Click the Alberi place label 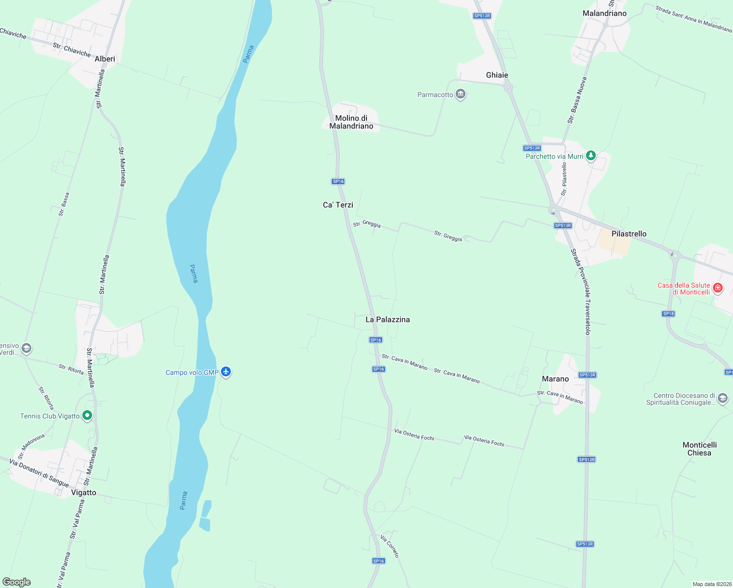pos(105,59)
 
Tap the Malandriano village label pos(604,13)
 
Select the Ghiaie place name pos(497,75)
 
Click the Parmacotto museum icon pos(460,95)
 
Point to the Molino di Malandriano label pos(351,122)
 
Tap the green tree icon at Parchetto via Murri pos(591,156)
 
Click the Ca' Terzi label pos(338,205)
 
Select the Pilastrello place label pos(629,234)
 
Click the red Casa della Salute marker pos(718,288)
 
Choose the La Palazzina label pos(388,319)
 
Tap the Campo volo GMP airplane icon pos(226,372)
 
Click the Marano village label pos(555,379)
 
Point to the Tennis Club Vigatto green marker pos(87,416)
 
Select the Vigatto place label pos(84,492)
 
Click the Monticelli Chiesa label pos(699,449)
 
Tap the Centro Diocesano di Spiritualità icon pos(722,399)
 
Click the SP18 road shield pos(668,314)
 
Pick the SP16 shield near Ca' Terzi pos(338,181)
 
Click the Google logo pos(17,582)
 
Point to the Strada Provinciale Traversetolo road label pos(581,292)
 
